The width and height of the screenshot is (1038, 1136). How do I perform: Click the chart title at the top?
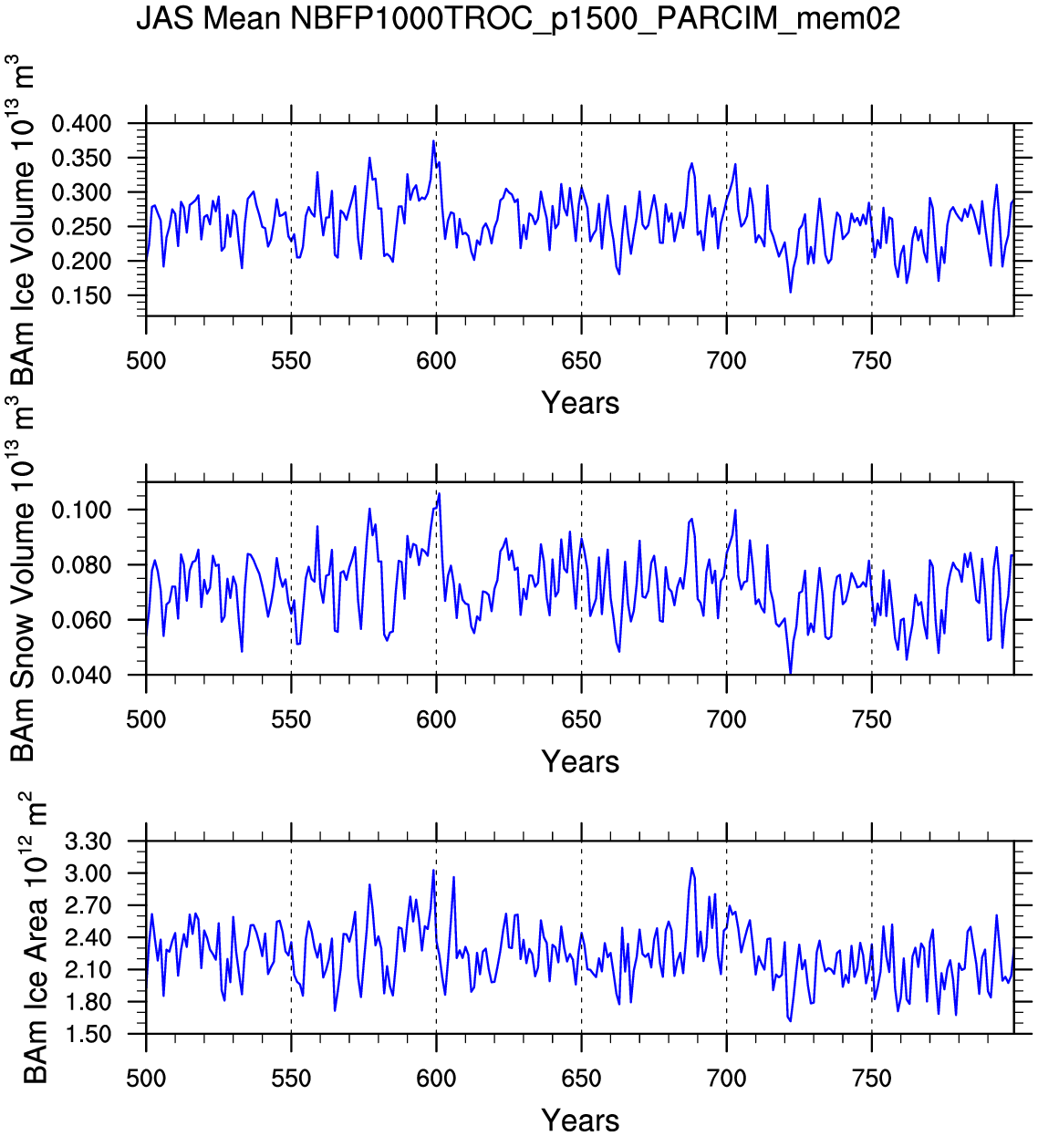[x=518, y=18]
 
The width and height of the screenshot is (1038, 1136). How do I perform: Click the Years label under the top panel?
[x=580, y=403]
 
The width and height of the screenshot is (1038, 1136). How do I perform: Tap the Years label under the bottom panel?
[x=580, y=1120]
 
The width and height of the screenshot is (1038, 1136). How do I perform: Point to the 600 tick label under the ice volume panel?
[x=436, y=361]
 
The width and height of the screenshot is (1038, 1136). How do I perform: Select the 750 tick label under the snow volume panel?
[x=871, y=720]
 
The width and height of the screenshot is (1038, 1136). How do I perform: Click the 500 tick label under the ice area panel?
[x=146, y=1079]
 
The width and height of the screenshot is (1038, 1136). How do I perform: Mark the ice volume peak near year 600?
[x=434, y=141]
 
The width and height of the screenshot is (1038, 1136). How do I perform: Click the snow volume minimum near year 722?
[x=790, y=673]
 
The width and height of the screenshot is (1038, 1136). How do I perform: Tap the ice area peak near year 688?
[x=691, y=868]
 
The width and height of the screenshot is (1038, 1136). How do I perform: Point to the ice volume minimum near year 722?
[x=790, y=292]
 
